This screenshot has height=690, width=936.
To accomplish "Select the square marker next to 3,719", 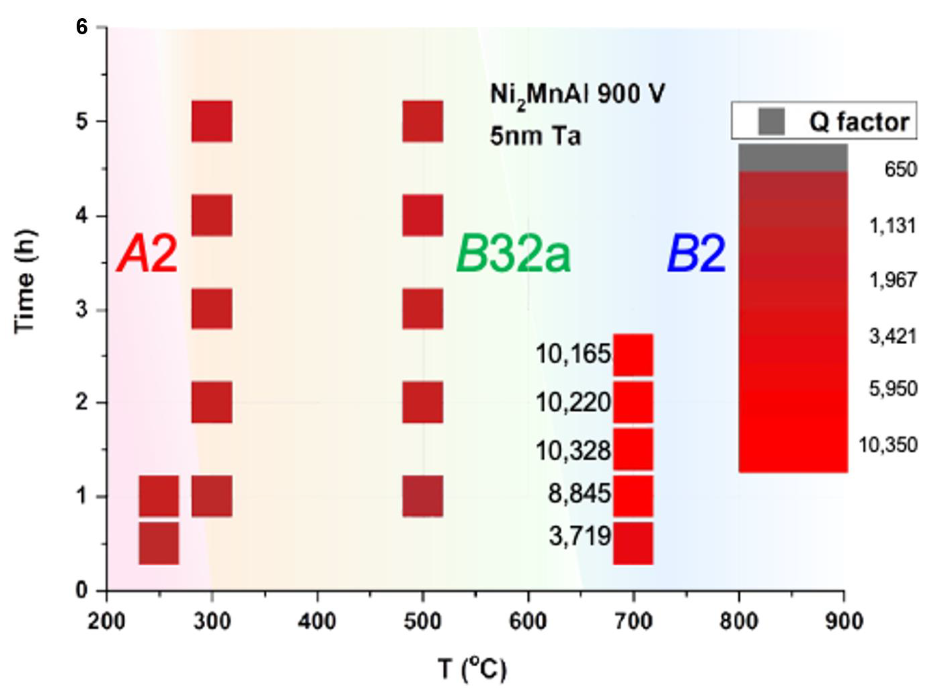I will point(633,543).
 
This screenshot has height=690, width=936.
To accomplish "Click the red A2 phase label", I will point(147,254).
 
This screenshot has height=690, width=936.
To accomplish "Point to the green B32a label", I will point(513,254).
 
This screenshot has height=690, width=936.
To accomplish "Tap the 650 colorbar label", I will point(900,170).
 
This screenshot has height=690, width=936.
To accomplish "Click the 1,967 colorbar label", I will point(893,280).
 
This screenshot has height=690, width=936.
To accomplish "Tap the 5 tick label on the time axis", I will point(82,122).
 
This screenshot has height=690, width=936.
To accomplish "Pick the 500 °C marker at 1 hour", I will point(423,496).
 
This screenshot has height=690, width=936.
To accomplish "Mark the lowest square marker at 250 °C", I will point(159,543).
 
